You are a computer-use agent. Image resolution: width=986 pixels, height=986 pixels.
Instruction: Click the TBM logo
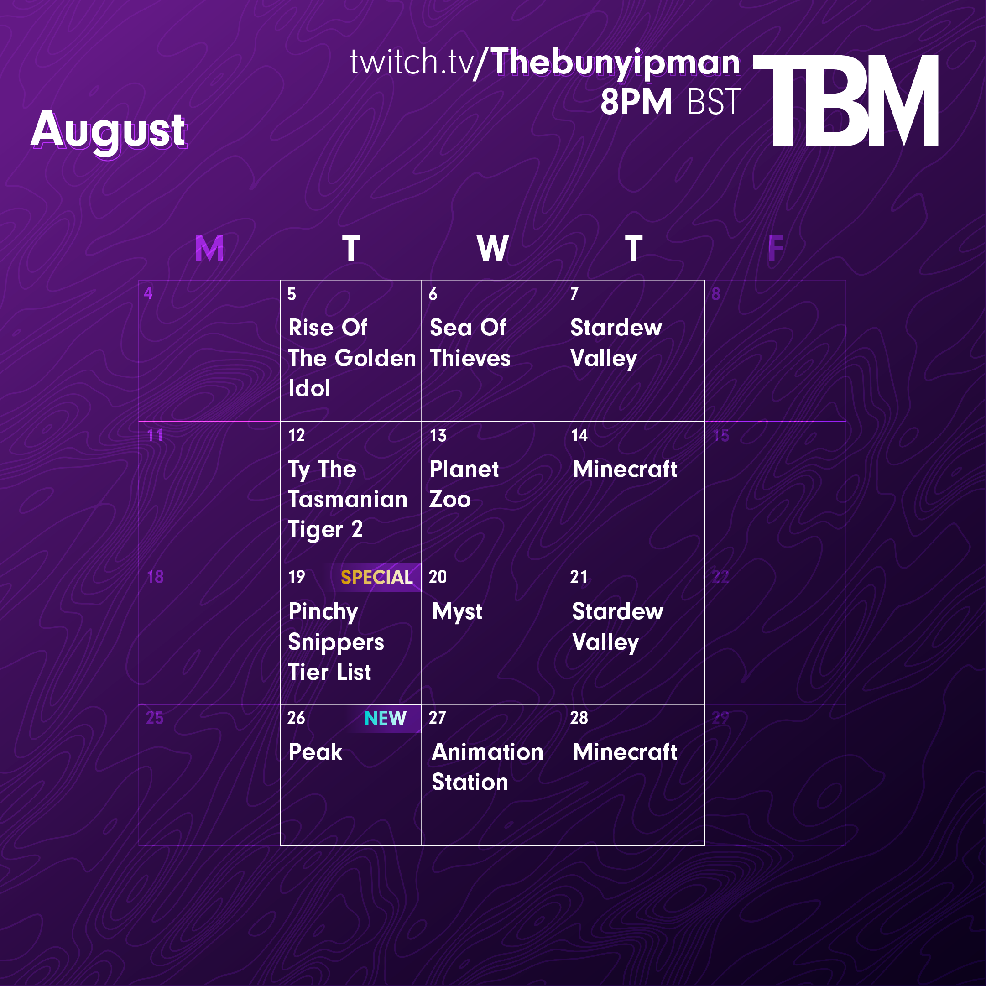[x=845, y=100]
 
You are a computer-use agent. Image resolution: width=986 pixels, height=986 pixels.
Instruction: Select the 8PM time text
[x=636, y=102]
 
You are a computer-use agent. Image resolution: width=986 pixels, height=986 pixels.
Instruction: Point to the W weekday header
[x=492, y=249]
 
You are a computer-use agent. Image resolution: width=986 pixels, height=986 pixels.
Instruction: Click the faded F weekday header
[x=776, y=249]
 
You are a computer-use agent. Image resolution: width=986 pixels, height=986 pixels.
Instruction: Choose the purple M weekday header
[x=210, y=249]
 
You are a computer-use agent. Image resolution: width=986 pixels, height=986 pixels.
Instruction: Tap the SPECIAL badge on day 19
[x=376, y=577]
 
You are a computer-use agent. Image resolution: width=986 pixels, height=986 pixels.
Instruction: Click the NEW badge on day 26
[x=385, y=719]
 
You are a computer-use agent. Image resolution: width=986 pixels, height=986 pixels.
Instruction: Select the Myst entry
[x=457, y=612]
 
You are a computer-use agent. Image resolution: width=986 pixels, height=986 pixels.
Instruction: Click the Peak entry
[x=315, y=752]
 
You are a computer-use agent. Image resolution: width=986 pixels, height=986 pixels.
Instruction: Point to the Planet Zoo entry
[x=464, y=484]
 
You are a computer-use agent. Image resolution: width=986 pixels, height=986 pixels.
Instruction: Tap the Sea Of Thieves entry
[x=470, y=343]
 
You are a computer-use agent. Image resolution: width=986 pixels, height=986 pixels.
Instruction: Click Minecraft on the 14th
[x=625, y=469]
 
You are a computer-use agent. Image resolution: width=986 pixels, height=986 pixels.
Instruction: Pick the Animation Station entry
[x=487, y=767]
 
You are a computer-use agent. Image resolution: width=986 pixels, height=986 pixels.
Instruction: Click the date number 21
[x=579, y=577]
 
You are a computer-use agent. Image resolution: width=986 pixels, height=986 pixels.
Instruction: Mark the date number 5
[x=292, y=294]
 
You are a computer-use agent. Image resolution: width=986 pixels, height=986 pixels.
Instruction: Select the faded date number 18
[x=155, y=577]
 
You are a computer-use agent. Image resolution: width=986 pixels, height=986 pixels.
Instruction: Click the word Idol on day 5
[x=309, y=388]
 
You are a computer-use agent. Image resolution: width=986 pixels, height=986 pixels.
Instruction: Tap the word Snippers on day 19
[x=336, y=642]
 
